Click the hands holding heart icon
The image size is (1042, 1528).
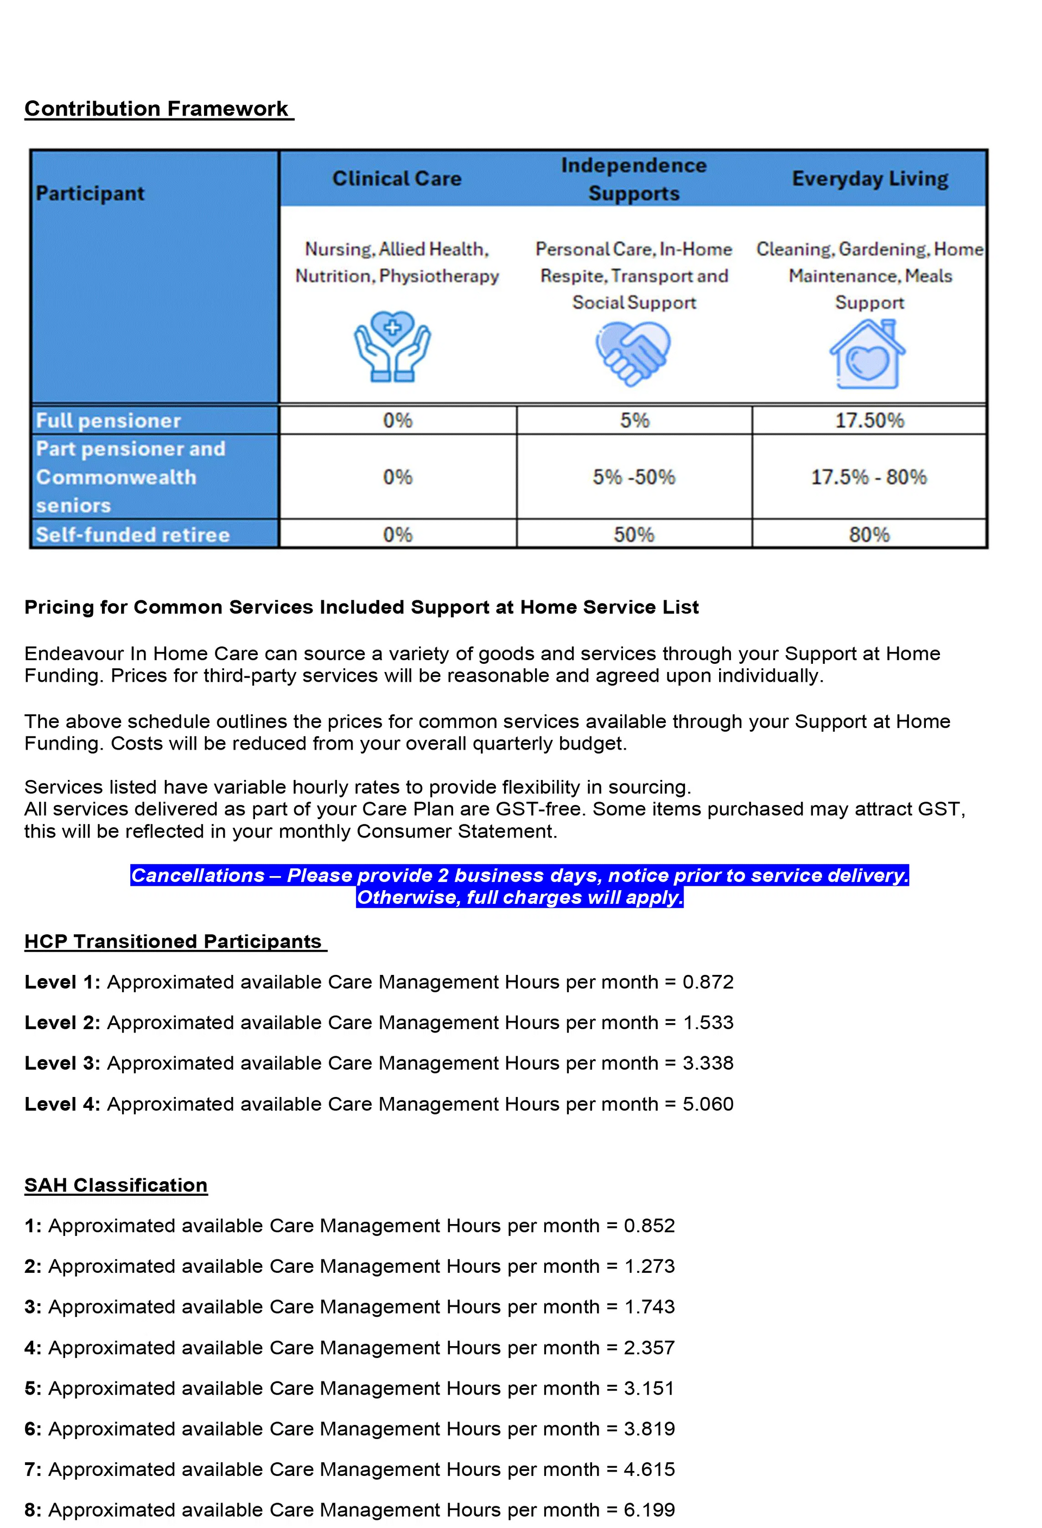392,346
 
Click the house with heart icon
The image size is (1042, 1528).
867,355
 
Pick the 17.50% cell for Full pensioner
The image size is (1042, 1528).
869,420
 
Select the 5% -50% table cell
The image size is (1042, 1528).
633,477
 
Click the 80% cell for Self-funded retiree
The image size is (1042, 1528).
869,535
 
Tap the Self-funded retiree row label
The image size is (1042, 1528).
133,535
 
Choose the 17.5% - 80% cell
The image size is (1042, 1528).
868,477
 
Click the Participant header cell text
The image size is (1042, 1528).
90,193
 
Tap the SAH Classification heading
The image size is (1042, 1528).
116,1185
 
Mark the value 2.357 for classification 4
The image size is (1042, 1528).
650,1348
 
